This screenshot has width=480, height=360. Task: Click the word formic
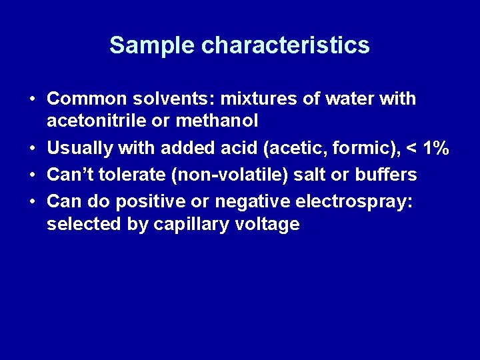[x=346, y=147]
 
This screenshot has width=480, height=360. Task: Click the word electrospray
[x=354, y=201]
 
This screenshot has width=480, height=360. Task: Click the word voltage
[x=267, y=225]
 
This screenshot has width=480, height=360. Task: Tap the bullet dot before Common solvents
[x=32, y=100]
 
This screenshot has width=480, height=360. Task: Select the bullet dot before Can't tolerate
[x=32, y=175]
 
